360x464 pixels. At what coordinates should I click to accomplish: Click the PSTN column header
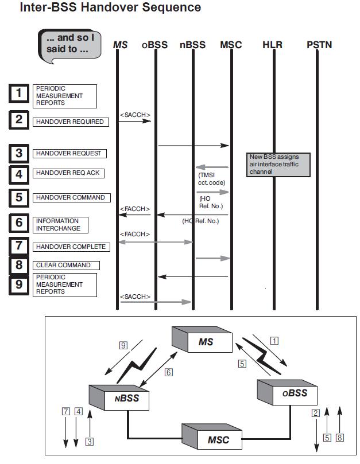click(319, 44)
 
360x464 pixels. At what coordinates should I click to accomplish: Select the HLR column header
click(272, 44)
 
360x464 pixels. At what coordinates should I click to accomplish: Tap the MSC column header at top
click(231, 44)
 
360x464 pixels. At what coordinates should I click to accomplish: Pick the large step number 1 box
click(19, 92)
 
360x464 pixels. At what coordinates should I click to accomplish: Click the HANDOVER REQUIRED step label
click(69, 122)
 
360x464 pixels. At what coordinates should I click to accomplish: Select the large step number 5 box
click(19, 197)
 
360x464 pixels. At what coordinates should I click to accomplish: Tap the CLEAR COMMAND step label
click(63, 265)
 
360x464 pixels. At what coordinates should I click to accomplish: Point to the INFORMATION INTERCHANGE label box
click(59, 224)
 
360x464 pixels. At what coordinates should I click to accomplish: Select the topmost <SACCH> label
click(135, 115)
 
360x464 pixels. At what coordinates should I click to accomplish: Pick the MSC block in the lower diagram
click(211, 439)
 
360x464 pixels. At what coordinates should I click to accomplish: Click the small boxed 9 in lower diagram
click(123, 345)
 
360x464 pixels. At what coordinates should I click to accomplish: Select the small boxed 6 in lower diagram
click(168, 372)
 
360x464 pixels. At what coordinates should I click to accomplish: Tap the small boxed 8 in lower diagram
click(340, 437)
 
